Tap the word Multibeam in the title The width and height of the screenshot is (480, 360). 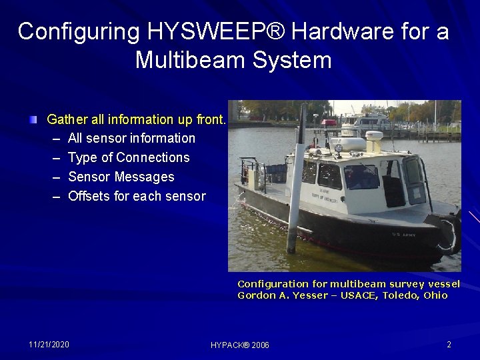[x=183, y=60]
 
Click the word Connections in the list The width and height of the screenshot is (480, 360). [x=153, y=157]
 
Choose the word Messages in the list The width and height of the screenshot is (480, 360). [x=144, y=177]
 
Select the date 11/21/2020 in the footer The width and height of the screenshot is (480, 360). [x=49, y=344]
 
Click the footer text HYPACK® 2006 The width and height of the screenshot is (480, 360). [x=239, y=345]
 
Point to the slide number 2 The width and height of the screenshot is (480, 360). [x=449, y=344]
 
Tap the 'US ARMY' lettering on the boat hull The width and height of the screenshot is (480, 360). [x=404, y=235]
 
